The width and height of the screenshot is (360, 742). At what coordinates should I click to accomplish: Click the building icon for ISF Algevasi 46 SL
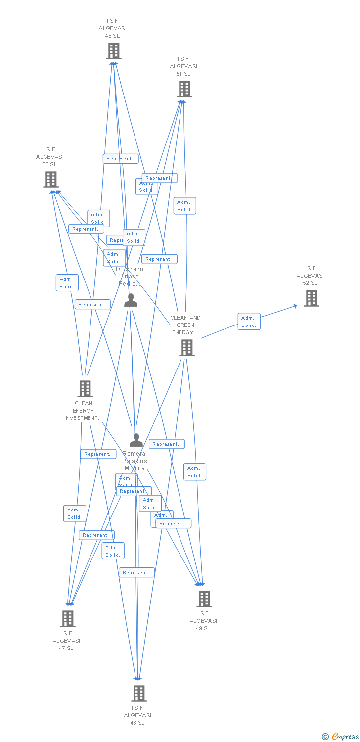click(114, 51)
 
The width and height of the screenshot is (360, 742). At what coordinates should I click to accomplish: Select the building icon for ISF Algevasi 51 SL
click(184, 89)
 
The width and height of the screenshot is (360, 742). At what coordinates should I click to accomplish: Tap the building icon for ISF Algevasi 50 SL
click(51, 180)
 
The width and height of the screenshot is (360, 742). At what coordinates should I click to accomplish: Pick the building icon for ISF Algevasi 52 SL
click(311, 298)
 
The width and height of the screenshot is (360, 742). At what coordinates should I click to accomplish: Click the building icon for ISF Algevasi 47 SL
click(68, 618)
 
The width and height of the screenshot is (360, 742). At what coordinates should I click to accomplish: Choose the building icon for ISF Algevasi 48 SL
click(139, 693)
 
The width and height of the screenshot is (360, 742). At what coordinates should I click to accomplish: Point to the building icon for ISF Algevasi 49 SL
click(204, 599)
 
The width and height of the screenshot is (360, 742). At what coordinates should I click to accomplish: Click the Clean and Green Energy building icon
click(186, 347)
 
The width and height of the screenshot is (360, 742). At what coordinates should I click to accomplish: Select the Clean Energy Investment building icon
click(85, 389)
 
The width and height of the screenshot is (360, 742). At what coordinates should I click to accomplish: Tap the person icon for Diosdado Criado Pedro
click(131, 300)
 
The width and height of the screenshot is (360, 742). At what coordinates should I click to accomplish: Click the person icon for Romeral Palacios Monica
click(136, 440)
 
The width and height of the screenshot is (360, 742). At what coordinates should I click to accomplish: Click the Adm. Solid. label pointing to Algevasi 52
click(249, 322)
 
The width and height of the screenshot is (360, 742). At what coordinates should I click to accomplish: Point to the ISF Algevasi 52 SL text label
click(310, 276)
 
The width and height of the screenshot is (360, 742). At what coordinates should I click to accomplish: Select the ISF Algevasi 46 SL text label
click(112, 28)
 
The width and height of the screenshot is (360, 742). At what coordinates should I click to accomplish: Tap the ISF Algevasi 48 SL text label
click(137, 715)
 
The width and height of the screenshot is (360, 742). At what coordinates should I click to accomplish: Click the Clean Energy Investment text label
click(84, 411)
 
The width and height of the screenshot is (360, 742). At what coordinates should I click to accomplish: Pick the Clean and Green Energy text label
click(185, 325)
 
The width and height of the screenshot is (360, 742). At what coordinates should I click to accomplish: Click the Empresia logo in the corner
click(341, 736)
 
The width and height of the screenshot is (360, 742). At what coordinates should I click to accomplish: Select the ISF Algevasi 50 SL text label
click(50, 157)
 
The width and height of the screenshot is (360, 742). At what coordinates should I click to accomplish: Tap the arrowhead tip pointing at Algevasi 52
click(297, 305)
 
